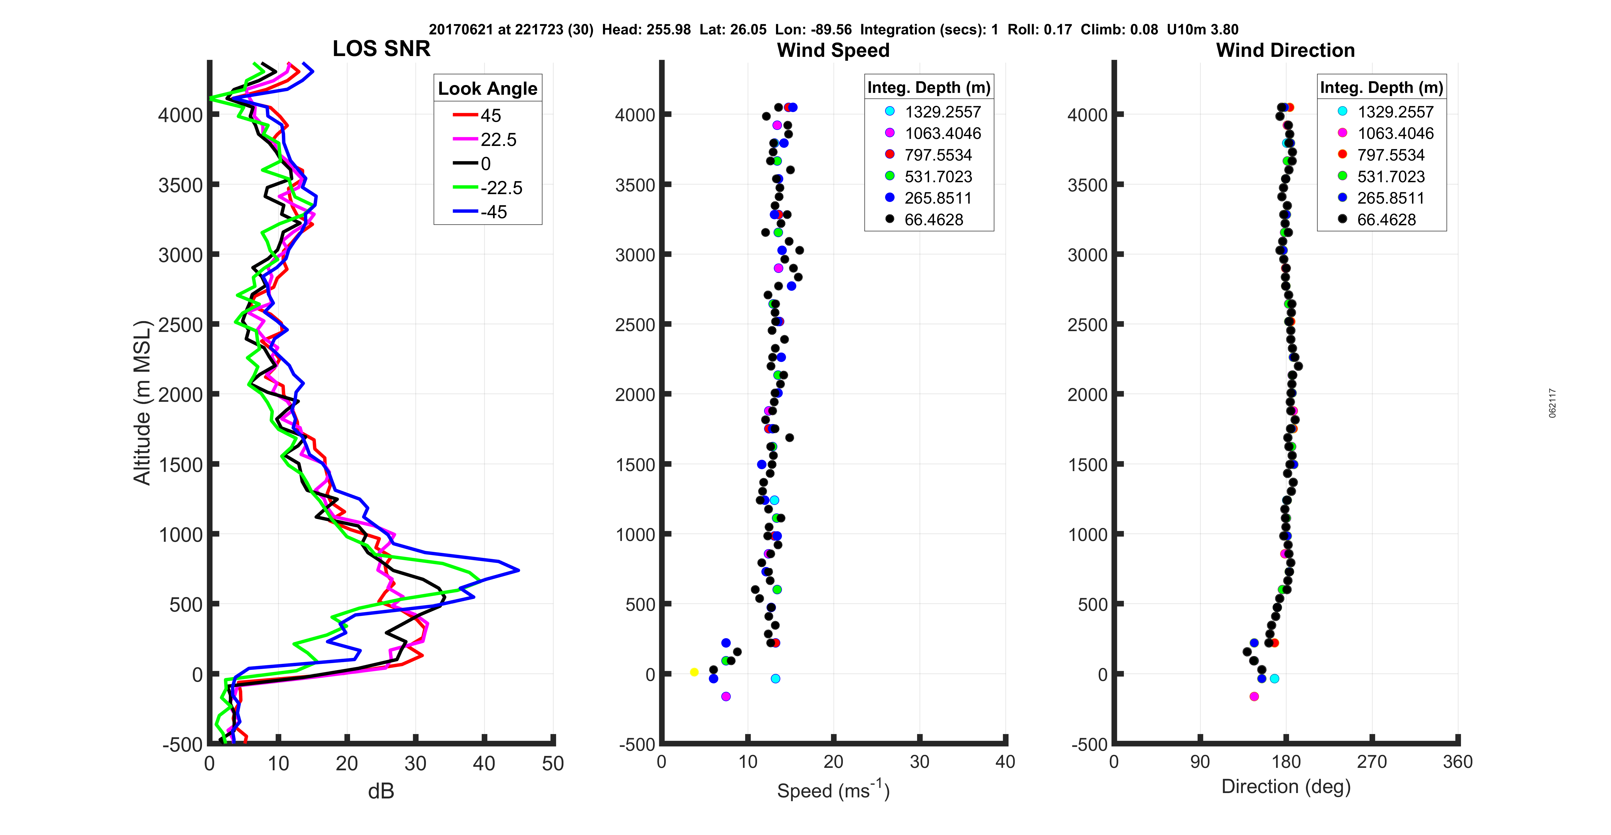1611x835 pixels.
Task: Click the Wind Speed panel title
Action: [833, 50]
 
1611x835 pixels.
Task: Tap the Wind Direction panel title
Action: [1285, 50]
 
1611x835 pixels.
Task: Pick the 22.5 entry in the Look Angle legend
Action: [498, 139]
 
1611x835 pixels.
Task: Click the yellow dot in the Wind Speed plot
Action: [694, 672]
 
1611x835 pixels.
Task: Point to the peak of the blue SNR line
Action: [518, 570]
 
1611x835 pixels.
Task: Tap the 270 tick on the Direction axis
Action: [1371, 762]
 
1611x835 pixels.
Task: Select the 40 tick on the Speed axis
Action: [1005, 762]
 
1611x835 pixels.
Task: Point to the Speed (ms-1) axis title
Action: [833, 790]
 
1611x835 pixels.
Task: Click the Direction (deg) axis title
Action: [1286, 786]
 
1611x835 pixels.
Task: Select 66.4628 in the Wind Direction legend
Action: [1386, 220]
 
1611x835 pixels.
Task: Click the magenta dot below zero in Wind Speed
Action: [725, 696]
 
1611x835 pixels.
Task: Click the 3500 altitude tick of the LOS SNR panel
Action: [180, 185]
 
